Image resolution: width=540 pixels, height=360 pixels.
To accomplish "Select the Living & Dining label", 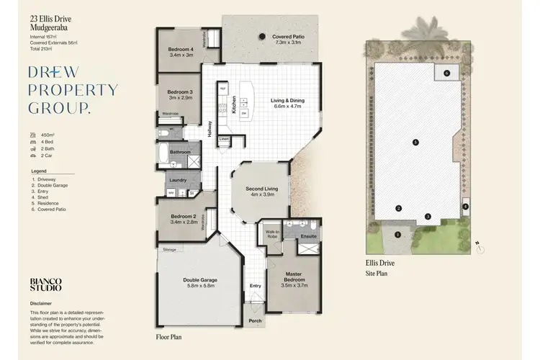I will [x=286, y=101].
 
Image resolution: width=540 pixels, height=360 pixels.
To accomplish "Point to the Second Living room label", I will [x=262, y=189].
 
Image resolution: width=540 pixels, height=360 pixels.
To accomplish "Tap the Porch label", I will [x=255, y=321].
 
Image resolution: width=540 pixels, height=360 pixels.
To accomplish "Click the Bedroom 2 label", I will [x=184, y=217].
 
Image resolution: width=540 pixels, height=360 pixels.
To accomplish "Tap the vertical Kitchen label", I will [x=234, y=107].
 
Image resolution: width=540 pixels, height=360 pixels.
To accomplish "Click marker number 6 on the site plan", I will [x=446, y=73].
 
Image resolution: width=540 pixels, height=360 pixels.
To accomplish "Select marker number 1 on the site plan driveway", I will [x=397, y=235].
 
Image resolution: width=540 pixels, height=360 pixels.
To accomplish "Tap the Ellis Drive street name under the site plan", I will [x=380, y=264].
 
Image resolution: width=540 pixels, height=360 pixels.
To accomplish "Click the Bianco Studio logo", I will [x=45, y=284].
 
